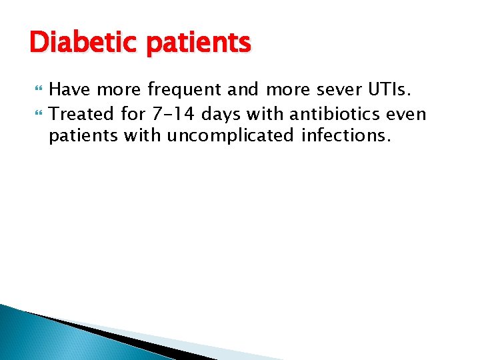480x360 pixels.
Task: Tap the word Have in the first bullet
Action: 69,89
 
